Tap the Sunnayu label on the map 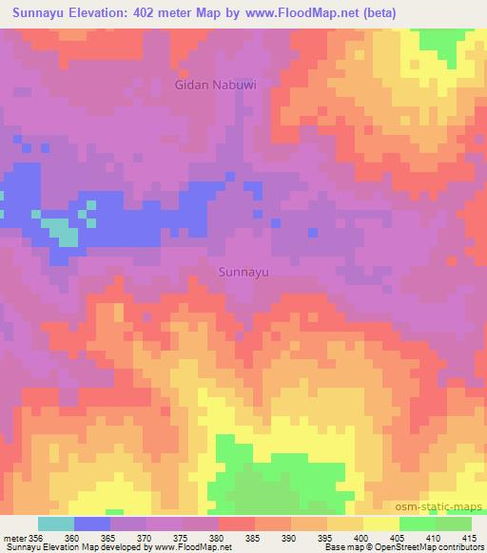pos(244,272)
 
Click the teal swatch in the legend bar pos(55,524)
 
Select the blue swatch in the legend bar pos(92,524)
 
